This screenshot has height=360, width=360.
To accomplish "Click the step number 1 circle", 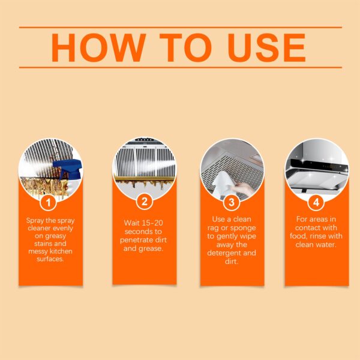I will (x=50, y=202).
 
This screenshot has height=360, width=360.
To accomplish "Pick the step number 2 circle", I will (x=144, y=202).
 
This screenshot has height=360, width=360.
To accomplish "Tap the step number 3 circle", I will (x=232, y=202).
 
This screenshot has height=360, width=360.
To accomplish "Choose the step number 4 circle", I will (x=316, y=202).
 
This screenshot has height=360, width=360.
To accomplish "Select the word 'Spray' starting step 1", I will (x=37, y=220).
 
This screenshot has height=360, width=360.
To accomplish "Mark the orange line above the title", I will (x=180, y=27).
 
